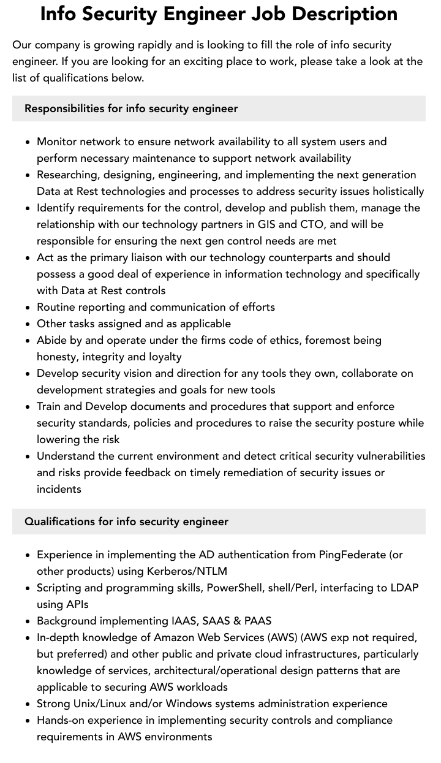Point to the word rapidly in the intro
166,45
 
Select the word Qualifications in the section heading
59,522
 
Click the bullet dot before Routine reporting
28,308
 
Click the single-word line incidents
59,489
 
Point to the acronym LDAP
403,588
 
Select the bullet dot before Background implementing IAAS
28,621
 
